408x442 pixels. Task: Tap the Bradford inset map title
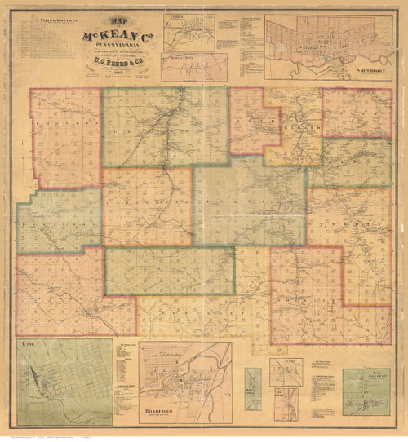pos(160,410)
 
